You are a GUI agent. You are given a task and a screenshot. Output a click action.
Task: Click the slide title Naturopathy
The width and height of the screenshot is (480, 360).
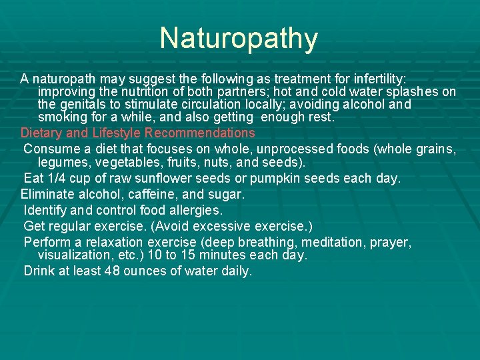[x=239, y=38]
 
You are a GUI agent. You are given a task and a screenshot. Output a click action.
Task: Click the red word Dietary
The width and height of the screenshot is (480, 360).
[x=42, y=133]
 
